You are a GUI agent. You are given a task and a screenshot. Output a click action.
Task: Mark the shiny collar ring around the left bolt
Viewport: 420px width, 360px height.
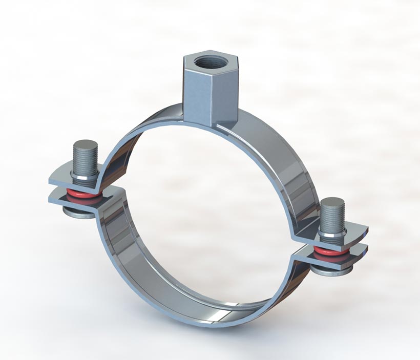[85, 177]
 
